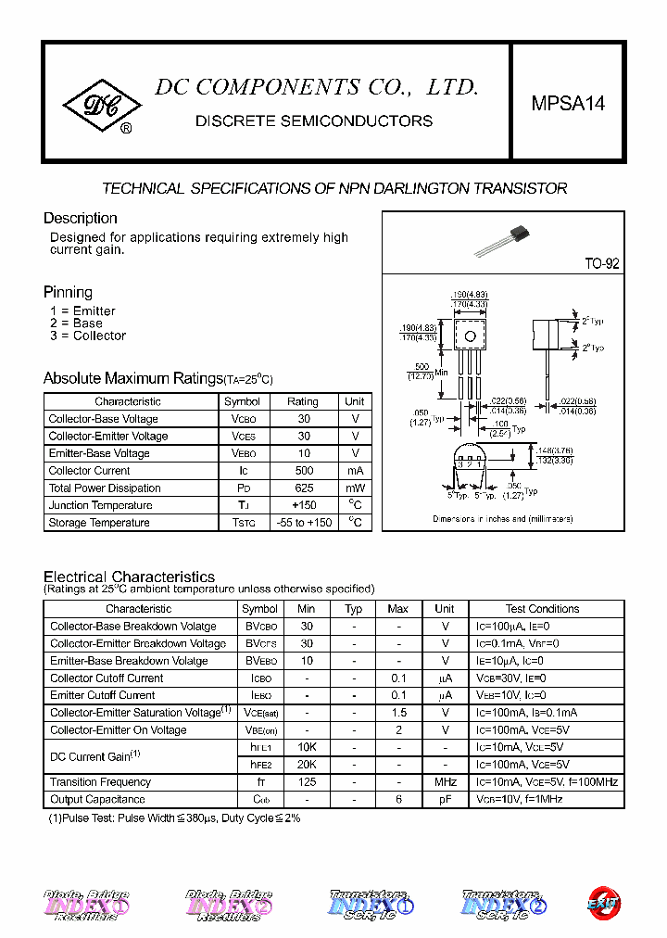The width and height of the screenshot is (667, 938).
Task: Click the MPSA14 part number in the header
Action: [568, 104]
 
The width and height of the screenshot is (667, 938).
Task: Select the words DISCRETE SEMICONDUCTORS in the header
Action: [314, 121]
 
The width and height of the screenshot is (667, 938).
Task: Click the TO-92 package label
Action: [601, 264]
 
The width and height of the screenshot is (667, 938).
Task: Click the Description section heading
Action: [81, 219]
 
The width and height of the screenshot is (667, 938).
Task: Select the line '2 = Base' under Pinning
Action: [76, 323]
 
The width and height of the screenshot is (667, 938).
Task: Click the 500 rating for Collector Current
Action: [304, 471]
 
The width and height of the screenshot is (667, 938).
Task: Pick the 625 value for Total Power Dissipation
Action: [304, 488]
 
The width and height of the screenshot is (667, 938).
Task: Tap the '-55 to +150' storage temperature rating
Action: [304, 523]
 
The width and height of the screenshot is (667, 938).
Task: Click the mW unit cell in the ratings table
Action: [355, 488]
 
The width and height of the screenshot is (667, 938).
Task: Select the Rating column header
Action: [303, 402]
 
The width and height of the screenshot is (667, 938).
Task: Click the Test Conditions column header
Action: [542, 609]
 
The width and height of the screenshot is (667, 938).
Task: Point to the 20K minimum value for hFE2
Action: [307, 765]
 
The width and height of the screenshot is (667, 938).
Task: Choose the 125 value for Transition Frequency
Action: [307, 782]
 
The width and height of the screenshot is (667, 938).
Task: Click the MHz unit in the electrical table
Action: [445, 782]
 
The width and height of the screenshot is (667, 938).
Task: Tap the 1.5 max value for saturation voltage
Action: [398, 713]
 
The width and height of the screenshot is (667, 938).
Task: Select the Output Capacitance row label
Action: [97, 799]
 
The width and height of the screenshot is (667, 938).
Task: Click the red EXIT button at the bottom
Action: [604, 902]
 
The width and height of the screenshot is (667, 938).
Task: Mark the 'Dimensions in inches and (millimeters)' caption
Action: [503, 519]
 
